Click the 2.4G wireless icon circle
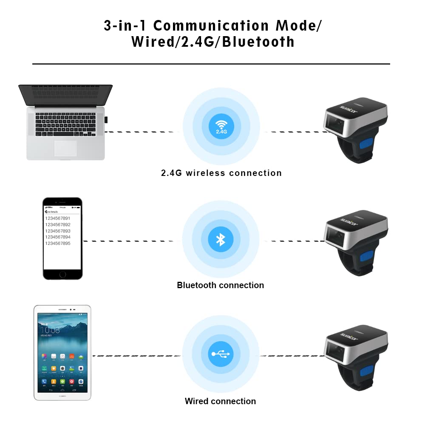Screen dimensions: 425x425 [x=221, y=126]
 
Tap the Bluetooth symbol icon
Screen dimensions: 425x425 [x=221, y=239]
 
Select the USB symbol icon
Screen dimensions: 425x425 [x=221, y=354]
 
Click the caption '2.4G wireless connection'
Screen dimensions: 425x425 [x=221, y=173]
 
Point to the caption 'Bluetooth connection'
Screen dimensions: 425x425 [x=220, y=285]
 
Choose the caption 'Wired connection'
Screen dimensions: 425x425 [x=220, y=401]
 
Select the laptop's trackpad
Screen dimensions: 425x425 [x=65, y=148]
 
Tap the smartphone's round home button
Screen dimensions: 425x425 [x=62, y=275]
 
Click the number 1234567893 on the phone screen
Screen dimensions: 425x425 [x=58, y=231]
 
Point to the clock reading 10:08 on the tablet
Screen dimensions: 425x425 [x=50, y=330]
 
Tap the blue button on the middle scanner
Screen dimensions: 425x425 [x=366, y=258]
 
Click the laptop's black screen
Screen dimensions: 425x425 [x=65, y=95]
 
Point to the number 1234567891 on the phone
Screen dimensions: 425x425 [x=58, y=218]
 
